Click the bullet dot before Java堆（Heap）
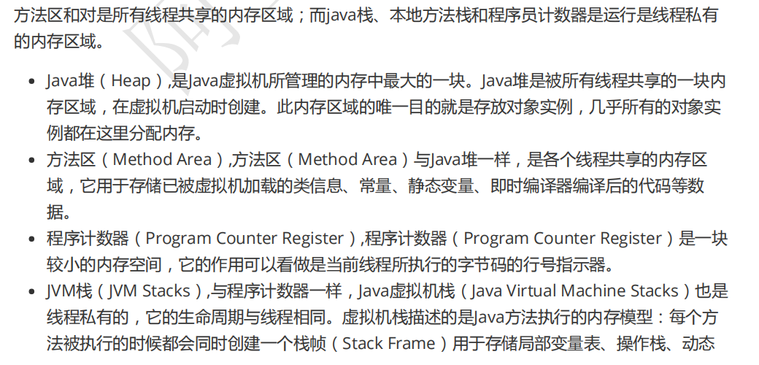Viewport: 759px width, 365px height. click(x=31, y=82)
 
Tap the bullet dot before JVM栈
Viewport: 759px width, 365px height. click(x=31, y=292)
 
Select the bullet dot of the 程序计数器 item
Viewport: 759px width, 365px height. click(x=31, y=239)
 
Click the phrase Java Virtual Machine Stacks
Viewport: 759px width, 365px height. click(x=575, y=291)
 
